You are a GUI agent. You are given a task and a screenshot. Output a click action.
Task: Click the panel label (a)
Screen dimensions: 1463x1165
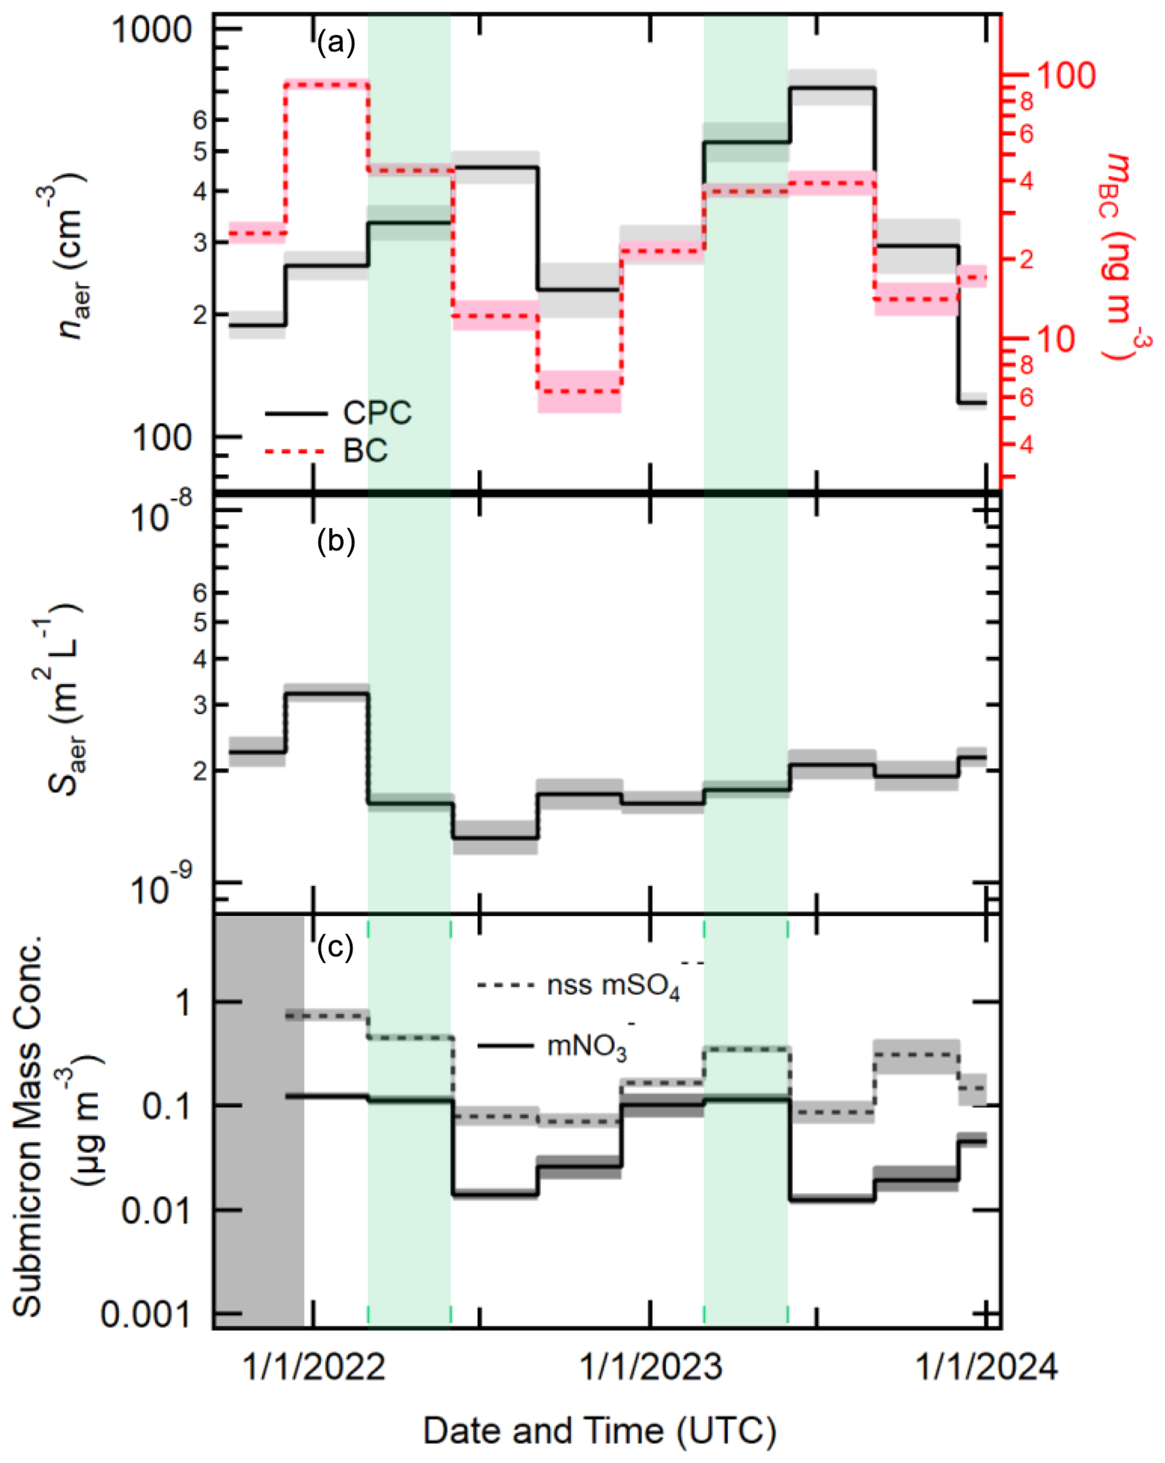click(x=336, y=44)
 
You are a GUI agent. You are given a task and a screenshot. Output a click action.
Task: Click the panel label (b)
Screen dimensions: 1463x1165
click(x=336, y=542)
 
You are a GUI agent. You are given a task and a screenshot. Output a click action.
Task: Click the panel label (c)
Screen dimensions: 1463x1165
click(x=336, y=946)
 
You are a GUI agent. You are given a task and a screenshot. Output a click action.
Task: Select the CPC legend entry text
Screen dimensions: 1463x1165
click(x=377, y=413)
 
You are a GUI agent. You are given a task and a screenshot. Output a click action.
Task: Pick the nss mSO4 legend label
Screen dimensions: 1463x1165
click(x=613, y=985)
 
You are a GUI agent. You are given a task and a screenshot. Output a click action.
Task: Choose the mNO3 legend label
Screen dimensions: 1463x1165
click(x=587, y=1046)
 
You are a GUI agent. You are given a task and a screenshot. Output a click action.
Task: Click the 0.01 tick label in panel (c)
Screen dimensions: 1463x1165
click(x=155, y=1211)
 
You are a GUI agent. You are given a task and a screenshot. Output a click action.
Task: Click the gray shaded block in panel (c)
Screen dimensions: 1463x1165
click(x=259, y=1119)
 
